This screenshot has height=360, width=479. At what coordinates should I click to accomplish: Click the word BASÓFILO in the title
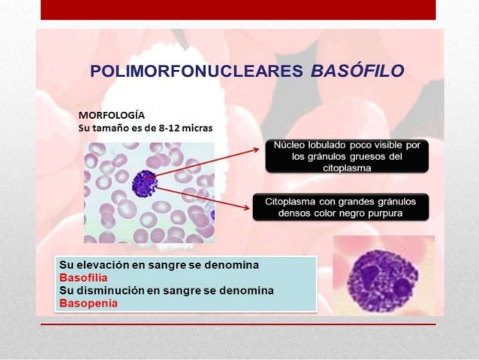357,71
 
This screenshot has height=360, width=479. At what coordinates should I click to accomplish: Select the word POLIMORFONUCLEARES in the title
195,71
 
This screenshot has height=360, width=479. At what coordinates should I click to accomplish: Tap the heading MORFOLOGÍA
112,114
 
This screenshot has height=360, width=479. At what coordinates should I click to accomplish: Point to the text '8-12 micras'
187,127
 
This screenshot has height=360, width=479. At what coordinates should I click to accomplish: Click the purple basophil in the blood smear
143,183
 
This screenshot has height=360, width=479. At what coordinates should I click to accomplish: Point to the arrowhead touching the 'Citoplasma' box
249,205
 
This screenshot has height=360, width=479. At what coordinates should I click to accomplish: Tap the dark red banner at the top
238,9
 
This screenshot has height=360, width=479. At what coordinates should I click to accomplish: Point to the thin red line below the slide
238,324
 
